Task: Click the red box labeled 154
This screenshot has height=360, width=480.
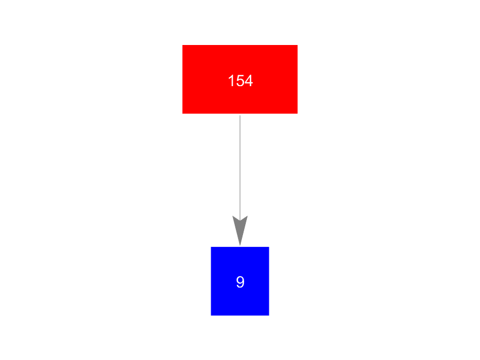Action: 240,79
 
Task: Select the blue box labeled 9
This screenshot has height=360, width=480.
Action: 240,281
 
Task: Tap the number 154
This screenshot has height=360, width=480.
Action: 240,81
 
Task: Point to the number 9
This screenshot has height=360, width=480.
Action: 240,282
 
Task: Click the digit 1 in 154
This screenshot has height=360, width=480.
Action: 231,81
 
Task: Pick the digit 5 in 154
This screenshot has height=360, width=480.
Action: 240,81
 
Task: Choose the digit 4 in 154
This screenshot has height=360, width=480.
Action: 249,81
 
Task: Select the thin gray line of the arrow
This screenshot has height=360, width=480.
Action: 240,168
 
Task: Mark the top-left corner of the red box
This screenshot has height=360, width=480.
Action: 183,45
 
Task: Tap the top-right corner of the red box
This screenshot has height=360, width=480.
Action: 297,45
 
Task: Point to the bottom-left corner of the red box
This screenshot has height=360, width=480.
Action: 183,114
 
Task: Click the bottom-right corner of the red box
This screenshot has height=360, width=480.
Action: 297,114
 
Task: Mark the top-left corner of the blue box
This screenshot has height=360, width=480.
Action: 211,247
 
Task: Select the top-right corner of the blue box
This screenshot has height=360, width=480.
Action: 269,247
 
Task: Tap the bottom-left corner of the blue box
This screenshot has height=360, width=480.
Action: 211,316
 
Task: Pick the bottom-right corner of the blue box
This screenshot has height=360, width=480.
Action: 269,316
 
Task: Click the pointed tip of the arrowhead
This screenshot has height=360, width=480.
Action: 240,245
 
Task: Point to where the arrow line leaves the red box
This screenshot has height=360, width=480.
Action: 240,115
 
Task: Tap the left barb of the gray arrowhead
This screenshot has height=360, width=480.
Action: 233,216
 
